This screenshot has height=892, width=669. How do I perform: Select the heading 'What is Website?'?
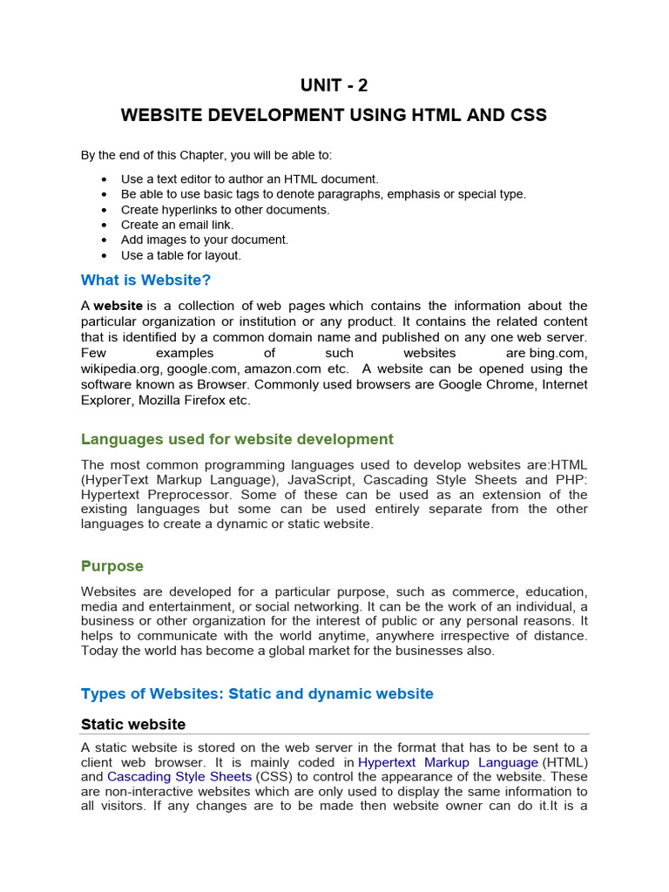pyautogui.click(x=145, y=280)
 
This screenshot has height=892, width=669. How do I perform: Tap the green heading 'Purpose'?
pyautogui.click(x=111, y=566)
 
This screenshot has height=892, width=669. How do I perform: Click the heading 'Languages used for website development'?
pyautogui.click(x=237, y=439)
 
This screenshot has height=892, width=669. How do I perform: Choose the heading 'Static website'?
pyautogui.click(x=132, y=724)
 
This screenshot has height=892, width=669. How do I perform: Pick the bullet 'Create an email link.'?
pyautogui.click(x=177, y=225)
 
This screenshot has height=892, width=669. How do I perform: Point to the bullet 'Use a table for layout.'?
pyautogui.click(x=180, y=255)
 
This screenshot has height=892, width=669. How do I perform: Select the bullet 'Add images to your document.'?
pyautogui.click(x=204, y=240)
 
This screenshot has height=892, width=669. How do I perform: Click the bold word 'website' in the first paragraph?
pyautogui.click(x=118, y=306)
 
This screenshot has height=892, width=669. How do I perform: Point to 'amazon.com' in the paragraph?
pyautogui.click(x=283, y=368)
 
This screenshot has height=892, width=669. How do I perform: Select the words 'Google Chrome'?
pyautogui.click(x=480, y=384)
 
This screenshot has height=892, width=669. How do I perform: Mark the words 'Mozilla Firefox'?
pyautogui.click(x=185, y=400)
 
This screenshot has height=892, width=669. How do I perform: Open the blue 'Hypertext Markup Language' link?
pyautogui.click(x=448, y=762)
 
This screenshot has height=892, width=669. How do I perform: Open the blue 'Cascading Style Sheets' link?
pyautogui.click(x=179, y=777)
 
